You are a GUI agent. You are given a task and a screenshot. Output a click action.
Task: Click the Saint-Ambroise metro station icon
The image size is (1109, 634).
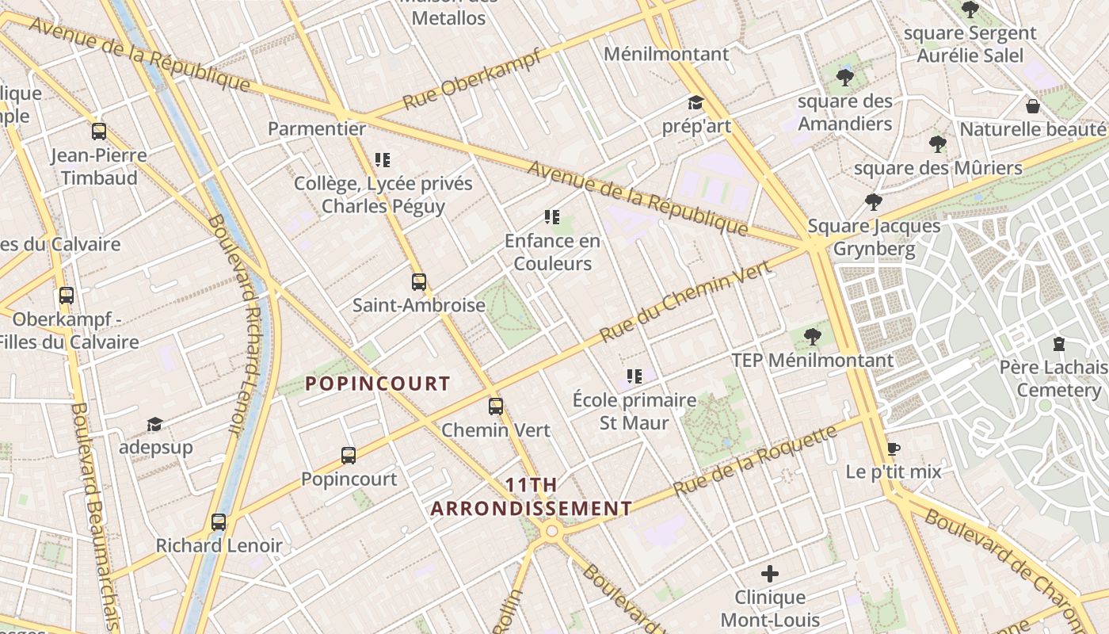[418, 281]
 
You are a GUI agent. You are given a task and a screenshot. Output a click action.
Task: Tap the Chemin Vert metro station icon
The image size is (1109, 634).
[496, 407]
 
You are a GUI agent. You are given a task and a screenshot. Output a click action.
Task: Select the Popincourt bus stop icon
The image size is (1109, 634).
[349, 456]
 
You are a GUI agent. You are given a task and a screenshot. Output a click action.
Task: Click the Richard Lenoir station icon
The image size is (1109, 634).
[219, 522]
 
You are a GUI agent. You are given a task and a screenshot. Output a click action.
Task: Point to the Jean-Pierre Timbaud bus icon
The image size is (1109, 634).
[99, 132]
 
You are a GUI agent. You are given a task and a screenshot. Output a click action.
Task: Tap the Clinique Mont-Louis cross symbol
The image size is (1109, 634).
[769, 573]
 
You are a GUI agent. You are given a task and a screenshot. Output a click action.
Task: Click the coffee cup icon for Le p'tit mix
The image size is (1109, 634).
[894, 449]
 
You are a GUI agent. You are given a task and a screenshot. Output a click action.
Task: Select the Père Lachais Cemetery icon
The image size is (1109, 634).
[1059, 344]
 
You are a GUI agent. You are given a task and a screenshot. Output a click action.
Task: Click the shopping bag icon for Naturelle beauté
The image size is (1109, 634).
[1033, 105]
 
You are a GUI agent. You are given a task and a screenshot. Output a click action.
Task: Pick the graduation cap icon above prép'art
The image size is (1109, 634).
[696, 103]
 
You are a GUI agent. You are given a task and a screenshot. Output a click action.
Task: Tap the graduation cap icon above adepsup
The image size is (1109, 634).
[155, 424]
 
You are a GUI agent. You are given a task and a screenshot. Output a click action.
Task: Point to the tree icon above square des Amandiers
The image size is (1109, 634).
[844, 78]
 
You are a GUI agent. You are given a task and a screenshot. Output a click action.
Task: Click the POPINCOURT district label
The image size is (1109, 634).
[378, 384]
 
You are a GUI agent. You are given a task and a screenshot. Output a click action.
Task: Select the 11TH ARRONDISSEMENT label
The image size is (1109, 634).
[531, 497]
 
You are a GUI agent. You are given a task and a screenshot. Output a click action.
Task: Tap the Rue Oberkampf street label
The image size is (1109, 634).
[472, 79]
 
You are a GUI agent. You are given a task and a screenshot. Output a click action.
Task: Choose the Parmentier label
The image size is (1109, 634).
[317, 128]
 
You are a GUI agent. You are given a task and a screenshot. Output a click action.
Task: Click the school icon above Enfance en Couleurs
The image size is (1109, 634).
[552, 217]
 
